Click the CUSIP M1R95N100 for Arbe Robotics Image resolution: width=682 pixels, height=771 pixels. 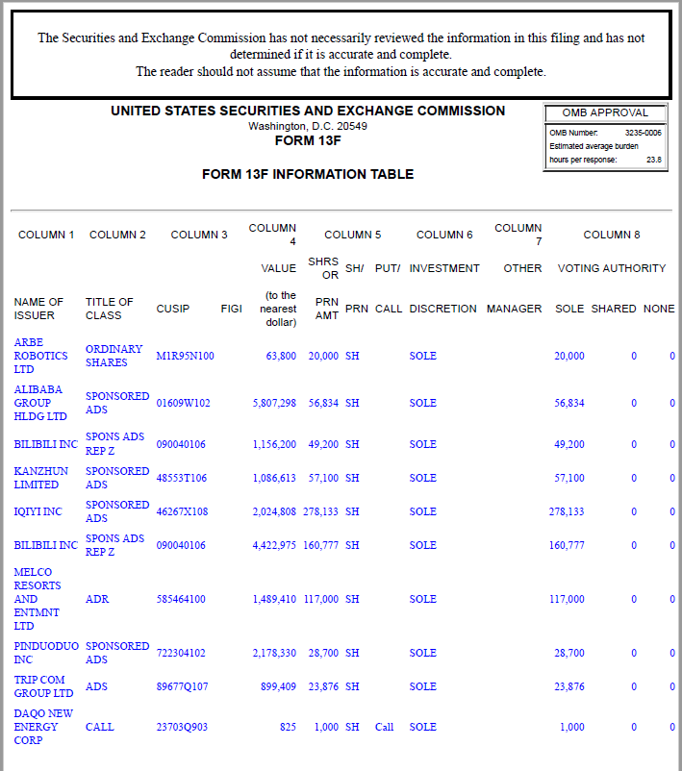[185, 356]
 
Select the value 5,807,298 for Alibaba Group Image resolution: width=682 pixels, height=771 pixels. [274, 404]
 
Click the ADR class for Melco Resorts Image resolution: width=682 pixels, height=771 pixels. [97, 599]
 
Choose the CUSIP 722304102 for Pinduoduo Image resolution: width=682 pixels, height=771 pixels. [181, 653]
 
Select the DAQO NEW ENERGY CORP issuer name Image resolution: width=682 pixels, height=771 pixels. [43, 727]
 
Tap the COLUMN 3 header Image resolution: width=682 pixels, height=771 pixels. [199, 235]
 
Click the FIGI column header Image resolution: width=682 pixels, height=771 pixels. [231, 309]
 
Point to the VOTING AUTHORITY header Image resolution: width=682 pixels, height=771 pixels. [612, 268]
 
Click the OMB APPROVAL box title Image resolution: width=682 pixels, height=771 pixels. [605, 112]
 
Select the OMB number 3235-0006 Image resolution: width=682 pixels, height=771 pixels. [643, 133]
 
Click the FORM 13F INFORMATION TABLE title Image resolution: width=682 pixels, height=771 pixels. [308, 174]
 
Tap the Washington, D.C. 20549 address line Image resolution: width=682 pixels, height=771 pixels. [308, 126]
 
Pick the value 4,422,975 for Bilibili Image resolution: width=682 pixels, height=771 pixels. [274, 545]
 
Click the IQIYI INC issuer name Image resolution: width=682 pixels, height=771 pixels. [38, 511]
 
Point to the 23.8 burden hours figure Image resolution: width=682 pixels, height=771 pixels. [653, 160]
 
